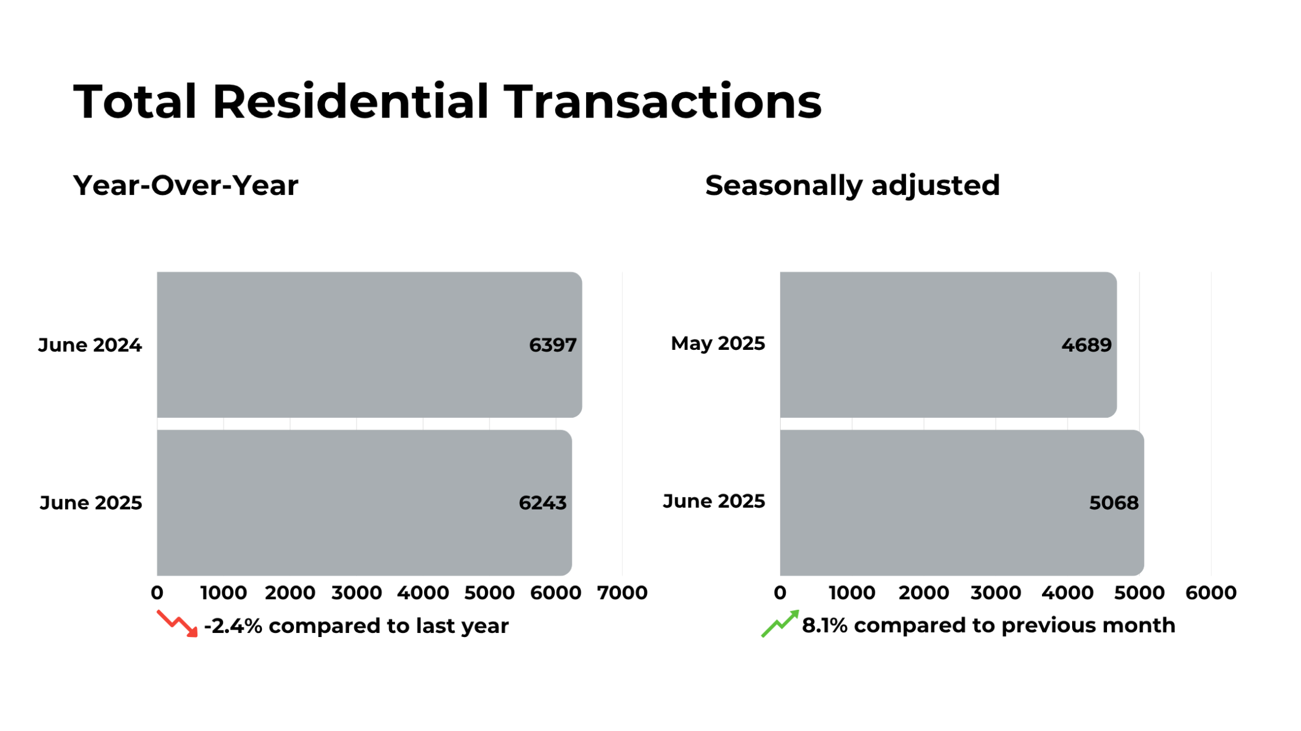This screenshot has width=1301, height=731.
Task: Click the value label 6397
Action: coord(552,345)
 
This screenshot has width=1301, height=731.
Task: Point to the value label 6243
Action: coord(542,503)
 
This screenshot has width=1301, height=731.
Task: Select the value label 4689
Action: coord(1086,345)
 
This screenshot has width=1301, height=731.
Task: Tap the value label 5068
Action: coord(1114,503)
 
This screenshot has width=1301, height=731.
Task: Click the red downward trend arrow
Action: coord(177,623)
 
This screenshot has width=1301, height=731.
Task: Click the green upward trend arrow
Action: coord(780,623)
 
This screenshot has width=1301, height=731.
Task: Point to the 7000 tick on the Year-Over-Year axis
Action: coord(622,593)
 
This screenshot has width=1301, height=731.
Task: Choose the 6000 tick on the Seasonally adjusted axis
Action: coord(1211,593)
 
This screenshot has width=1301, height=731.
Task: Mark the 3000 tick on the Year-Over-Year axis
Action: coord(357,593)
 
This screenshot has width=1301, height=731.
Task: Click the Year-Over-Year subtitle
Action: coord(186,186)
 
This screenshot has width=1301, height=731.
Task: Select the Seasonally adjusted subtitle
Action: coord(852,186)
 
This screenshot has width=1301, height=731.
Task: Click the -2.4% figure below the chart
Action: coord(233,626)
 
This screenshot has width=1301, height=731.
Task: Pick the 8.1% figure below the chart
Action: coord(824,625)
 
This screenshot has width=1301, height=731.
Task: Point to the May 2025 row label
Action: coord(717,343)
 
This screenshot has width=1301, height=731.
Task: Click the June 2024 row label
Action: coord(90,345)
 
